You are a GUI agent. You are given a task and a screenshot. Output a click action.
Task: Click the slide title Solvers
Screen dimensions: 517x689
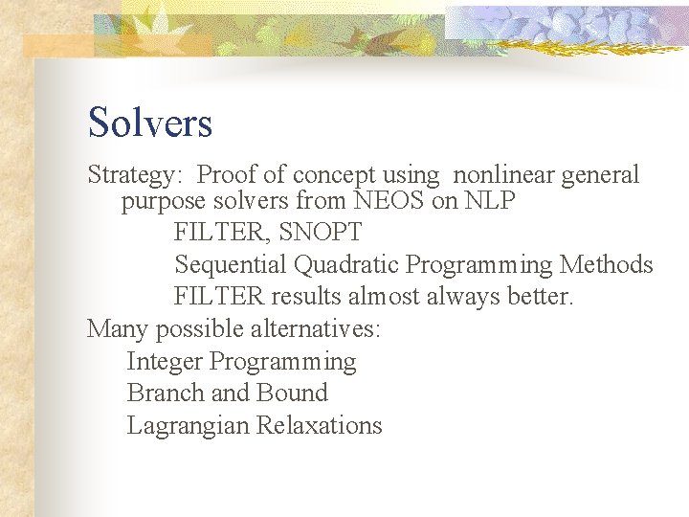click(149, 123)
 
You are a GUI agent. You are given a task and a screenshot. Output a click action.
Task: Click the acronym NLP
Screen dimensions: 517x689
click(489, 202)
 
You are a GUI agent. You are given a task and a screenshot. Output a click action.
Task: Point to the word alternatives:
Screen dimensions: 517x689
click(315, 329)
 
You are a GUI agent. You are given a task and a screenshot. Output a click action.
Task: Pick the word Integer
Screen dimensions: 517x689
click(165, 362)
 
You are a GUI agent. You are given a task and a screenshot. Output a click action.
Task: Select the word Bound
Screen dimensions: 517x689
click(291, 393)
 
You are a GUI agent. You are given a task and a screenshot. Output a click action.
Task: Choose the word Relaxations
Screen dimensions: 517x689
click(320, 426)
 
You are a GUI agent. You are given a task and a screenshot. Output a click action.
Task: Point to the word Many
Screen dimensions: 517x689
click(118, 329)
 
